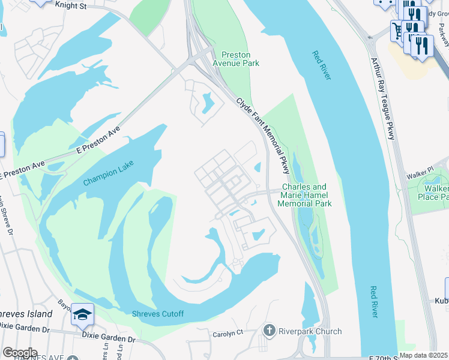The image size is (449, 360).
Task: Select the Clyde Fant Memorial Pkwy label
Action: (263, 136)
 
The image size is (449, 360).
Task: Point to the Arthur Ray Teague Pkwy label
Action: (382, 99)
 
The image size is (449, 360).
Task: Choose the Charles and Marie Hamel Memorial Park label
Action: (304, 195)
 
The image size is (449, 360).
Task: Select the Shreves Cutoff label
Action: (157, 314)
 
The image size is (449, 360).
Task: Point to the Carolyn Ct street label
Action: (228, 333)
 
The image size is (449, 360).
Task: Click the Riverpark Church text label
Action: (310, 331)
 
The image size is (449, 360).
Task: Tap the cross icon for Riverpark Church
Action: (270, 331)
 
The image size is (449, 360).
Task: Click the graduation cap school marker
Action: (82, 314)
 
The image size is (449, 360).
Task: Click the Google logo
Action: (20, 353)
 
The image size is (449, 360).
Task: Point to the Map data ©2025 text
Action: (424, 355)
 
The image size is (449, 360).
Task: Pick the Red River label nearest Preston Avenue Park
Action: (322, 65)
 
